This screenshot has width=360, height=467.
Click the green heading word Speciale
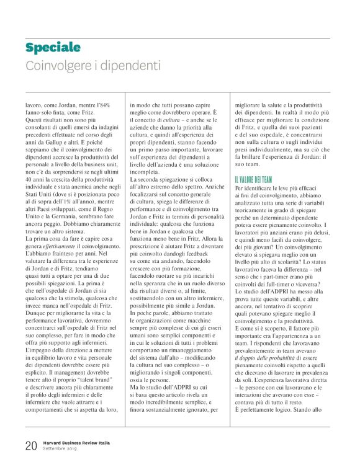point(53,48)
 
